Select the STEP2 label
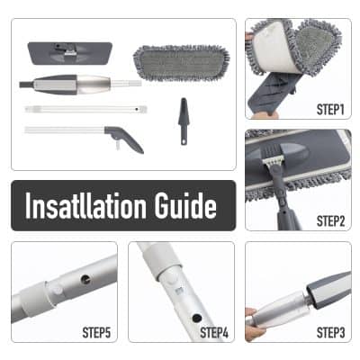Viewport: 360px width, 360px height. pos(330,219)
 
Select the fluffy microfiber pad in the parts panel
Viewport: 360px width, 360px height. pos(180,61)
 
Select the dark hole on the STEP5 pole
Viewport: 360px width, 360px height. pos(85,277)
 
